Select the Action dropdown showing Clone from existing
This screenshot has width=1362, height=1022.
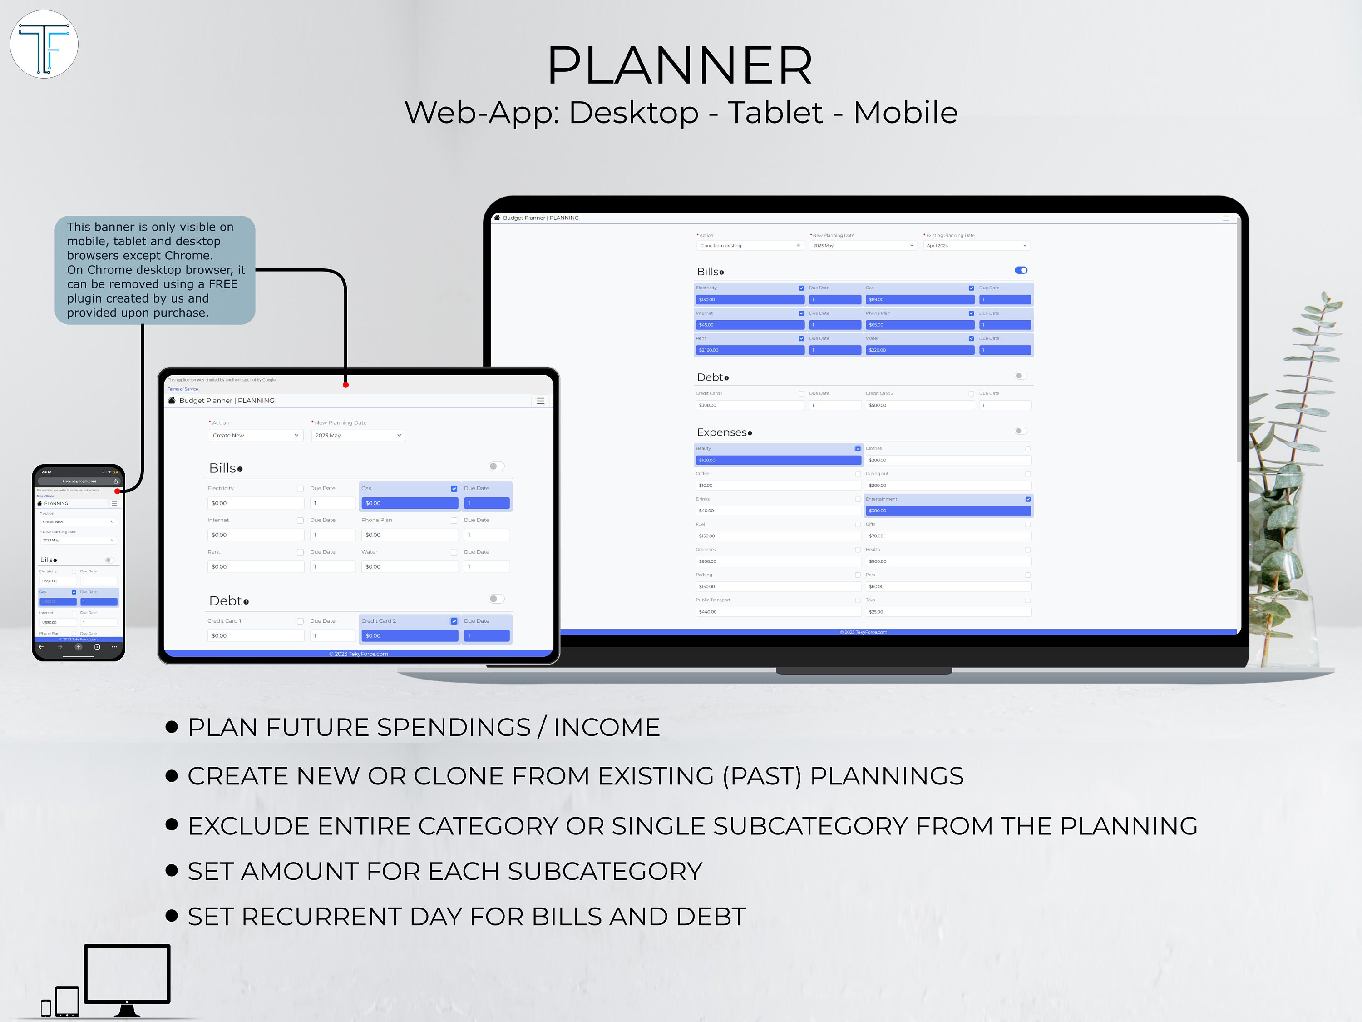point(750,246)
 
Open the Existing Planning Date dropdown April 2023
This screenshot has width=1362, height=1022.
point(976,246)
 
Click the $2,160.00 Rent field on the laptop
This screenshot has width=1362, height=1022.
point(750,350)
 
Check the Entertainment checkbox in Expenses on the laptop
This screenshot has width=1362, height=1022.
point(1028,499)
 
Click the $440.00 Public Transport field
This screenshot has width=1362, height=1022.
point(778,612)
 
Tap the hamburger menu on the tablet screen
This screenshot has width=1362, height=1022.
point(540,401)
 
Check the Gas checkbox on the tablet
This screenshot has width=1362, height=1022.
point(454,488)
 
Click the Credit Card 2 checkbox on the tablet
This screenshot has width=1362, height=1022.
point(454,621)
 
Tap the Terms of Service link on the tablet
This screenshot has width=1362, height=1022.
point(183,389)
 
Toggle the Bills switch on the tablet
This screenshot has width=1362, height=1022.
point(496,466)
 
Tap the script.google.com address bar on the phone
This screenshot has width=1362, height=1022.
point(80,481)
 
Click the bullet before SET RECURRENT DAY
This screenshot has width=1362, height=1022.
point(172,916)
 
